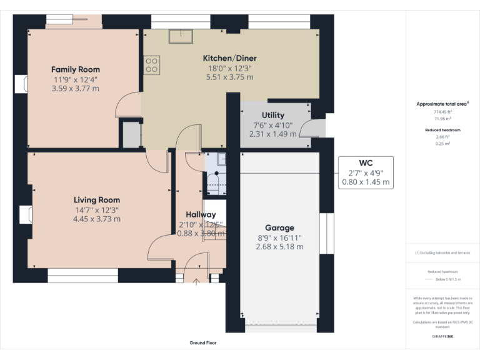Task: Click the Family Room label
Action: (75, 69)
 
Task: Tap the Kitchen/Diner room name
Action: (229, 58)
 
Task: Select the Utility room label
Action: (272, 115)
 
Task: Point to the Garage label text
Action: (279, 227)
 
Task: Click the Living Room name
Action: (96, 200)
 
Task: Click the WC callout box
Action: (366, 172)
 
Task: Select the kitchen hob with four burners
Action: (151, 65)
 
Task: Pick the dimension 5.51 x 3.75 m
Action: (229, 77)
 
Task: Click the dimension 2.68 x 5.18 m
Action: (279, 247)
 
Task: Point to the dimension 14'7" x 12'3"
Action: (96, 210)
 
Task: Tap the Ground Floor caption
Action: (202, 343)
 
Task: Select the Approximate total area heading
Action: (442, 104)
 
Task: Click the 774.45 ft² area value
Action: (442, 112)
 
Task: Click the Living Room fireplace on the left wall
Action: (25, 214)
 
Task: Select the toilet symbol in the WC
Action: (212, 182)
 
